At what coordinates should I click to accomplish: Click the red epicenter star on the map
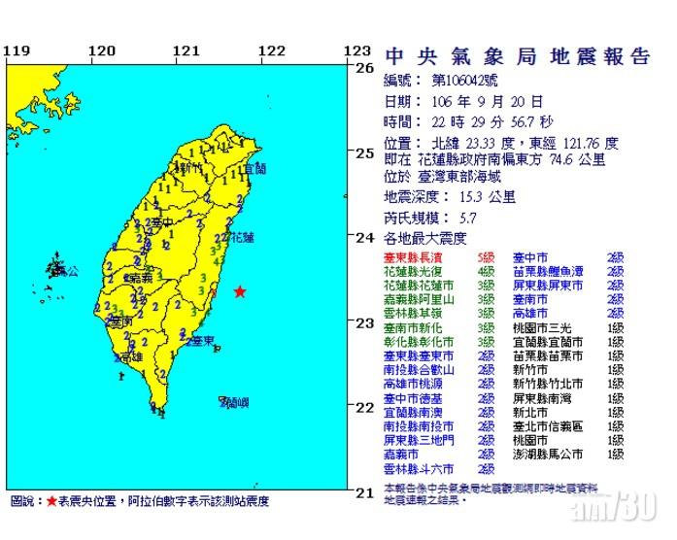239,292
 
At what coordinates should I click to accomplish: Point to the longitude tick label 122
272,51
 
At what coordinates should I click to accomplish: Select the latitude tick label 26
364,68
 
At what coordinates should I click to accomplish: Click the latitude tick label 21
364,492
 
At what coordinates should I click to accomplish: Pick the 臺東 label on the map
202,341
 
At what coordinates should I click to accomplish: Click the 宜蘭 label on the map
254,169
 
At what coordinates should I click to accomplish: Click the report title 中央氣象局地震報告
516,56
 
